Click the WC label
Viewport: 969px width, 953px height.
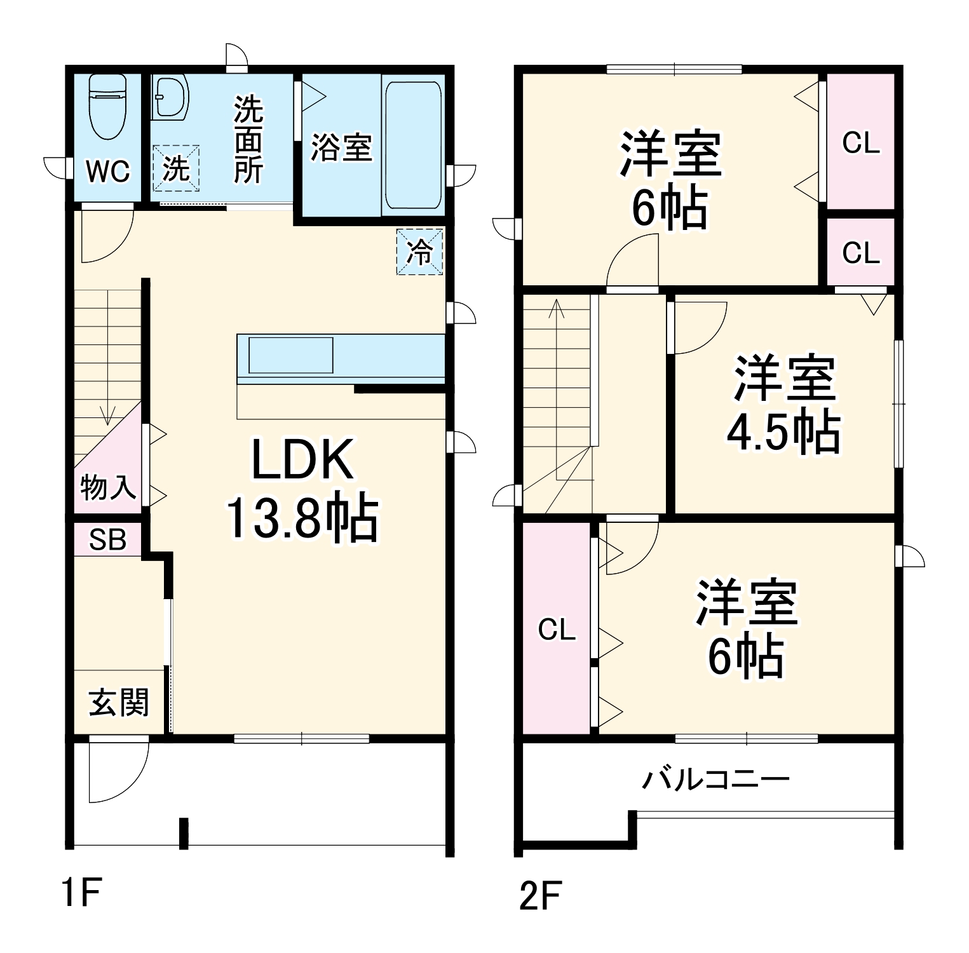point(108,171)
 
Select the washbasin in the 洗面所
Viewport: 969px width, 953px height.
point(170,98)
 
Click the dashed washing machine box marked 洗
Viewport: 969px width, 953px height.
point(176,168)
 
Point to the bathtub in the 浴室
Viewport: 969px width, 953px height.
point(413,145)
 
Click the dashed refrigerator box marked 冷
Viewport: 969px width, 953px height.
point(419,252)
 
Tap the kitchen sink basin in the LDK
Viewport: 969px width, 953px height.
point(290,355)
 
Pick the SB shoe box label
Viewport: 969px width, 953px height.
point(107,540)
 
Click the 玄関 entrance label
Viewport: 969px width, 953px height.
point(119,703)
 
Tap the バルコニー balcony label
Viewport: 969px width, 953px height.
point(715,779)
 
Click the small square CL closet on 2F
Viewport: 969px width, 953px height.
point(860,253)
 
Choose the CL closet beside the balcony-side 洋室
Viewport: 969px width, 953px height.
point(557,630)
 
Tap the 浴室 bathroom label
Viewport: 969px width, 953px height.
point(341,147)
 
